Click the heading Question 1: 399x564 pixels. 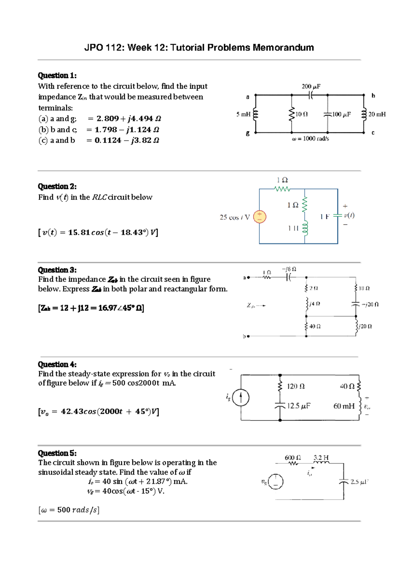coord(57,75)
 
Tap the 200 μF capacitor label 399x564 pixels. coord(311,86)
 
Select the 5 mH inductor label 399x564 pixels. coord(243,114)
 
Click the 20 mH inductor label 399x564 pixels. coord(377,114)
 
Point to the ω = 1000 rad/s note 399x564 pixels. coord(310,139)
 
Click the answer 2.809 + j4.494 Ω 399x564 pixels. coord(128,119)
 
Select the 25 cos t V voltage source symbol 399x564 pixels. coord(259,217)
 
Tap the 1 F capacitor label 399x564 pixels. coord(325,217)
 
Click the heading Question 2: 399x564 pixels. coord(57,186)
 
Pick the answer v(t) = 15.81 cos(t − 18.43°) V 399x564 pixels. coord(98,232)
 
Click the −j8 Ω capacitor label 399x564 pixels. coord(289,269)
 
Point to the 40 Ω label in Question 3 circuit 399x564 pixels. coord(315,327)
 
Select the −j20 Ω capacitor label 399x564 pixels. coord(370,304)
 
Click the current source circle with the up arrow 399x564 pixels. coord(241,398)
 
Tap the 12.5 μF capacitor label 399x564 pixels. coord(299,406)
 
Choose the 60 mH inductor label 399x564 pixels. coord(344,406)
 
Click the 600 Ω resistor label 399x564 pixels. coord(293,458)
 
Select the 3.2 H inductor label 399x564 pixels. coord(321,458)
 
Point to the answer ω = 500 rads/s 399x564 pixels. coord(69,510)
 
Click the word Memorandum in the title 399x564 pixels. coord(283,48)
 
